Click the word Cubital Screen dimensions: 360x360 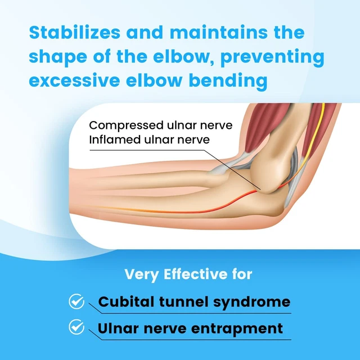[x=123, y=302]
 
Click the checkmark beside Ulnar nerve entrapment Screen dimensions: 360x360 [x=76, y=327]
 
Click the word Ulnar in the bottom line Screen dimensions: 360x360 [x=119, y=327]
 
